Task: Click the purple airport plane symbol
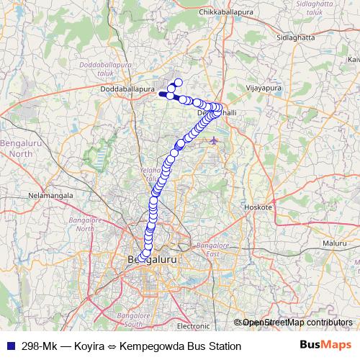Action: (213, 140)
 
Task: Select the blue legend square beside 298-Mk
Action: (11, 346)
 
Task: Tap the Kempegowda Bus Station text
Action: (181, 346)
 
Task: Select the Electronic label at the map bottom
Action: (192, 325)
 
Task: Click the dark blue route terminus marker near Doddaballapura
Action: (162, 93)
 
